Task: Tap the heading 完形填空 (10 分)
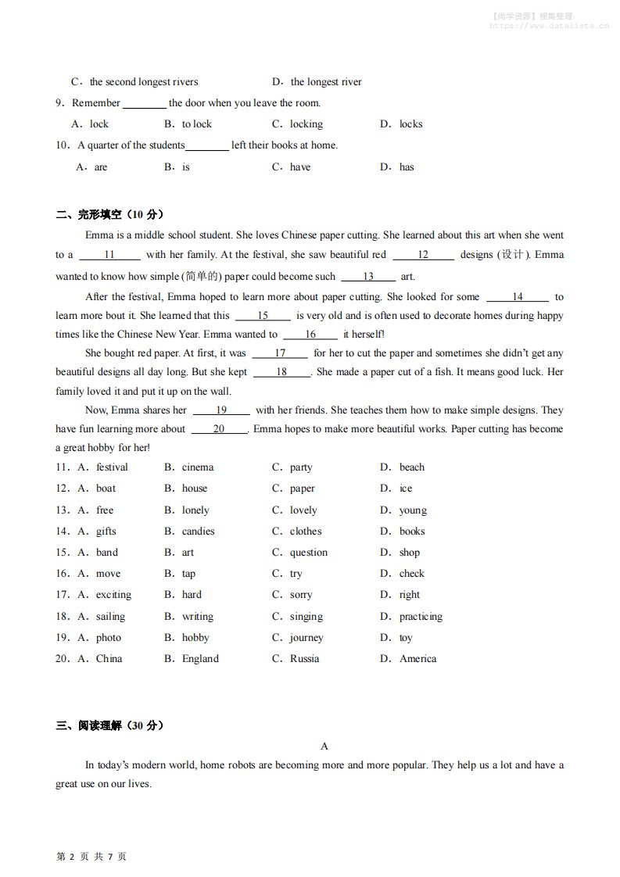(109, 215)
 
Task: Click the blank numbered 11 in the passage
(109, 255)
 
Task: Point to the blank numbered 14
(518, 297)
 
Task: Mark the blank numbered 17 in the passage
(280, 353)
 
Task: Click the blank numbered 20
(219, 429)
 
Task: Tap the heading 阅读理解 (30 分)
(109, 725)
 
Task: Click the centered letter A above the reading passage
(324, 746)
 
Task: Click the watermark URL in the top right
(549, 25)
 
